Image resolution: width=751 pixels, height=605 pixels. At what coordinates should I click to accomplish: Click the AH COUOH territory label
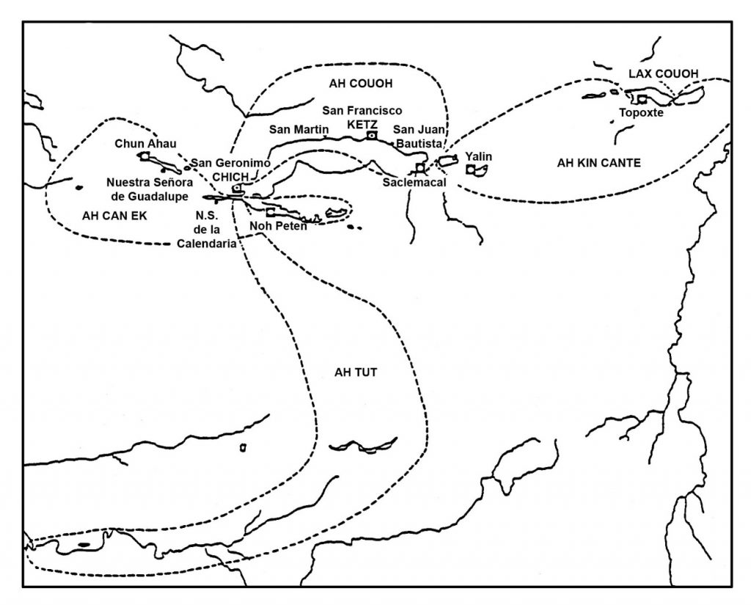361,84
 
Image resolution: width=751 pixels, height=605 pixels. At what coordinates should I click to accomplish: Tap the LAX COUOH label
663,74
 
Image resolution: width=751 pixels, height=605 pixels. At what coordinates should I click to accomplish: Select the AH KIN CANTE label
598,163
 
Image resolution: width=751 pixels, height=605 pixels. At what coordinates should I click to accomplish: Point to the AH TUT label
356,373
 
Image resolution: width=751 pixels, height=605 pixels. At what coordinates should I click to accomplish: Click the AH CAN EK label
114,216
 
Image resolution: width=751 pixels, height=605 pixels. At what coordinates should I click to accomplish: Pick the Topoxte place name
641,113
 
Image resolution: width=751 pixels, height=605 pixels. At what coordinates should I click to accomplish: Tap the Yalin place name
478,157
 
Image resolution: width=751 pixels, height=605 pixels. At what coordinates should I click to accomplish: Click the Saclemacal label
414,183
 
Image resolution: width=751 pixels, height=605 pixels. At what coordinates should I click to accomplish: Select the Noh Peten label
278,226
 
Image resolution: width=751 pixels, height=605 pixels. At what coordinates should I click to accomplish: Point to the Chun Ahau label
146,143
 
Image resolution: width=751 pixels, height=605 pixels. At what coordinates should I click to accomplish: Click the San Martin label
299,129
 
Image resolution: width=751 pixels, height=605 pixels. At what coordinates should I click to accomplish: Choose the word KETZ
362,124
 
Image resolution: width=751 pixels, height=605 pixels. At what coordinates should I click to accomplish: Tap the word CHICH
230,177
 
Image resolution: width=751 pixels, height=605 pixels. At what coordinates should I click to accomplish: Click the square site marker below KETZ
371,136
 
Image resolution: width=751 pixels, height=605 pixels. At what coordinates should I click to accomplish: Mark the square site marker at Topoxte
642,99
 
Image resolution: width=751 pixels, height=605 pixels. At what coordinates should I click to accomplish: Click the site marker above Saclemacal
420,167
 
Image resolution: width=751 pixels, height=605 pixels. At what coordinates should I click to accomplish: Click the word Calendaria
206,243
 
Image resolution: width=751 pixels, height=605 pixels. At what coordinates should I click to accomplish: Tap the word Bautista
419,144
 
